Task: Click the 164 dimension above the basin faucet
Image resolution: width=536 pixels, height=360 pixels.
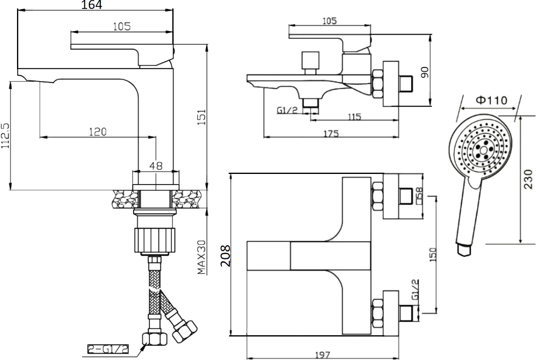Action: point(92,5)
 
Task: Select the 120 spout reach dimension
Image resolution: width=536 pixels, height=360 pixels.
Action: point(98,131)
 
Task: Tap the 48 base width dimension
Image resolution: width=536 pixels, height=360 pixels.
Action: point(156,165)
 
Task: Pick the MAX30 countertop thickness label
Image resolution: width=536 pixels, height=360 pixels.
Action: point(202,257)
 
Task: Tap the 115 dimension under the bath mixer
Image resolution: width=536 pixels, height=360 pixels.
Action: point(354,117)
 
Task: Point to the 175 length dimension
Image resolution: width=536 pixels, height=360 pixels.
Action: point(331,134)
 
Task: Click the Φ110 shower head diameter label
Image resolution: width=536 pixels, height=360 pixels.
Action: point(491,100)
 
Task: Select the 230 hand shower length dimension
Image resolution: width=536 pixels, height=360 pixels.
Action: point(528,179)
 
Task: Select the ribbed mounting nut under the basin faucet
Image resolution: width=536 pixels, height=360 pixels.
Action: point(154,240)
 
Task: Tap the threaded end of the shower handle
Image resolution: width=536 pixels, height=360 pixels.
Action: point(463,249)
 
